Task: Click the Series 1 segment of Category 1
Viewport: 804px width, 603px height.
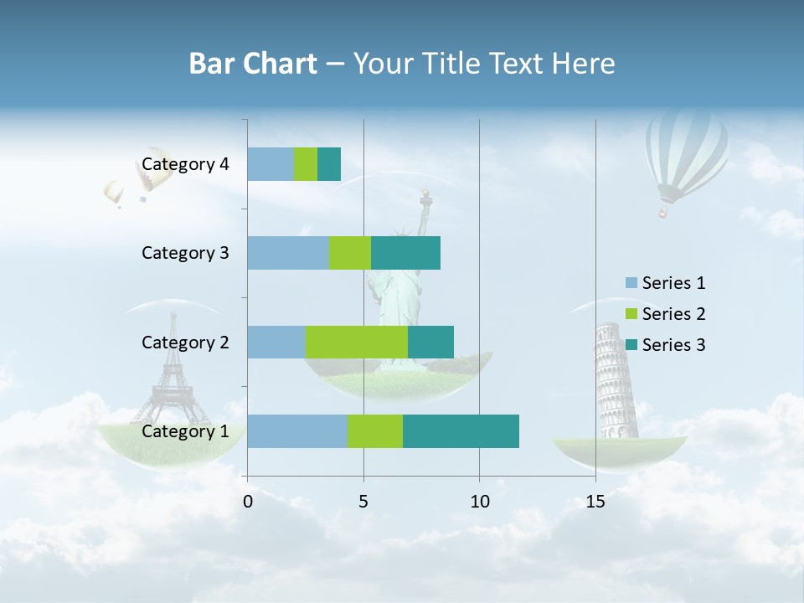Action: [297, 431]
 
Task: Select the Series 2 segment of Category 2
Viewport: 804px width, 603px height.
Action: [357, 342]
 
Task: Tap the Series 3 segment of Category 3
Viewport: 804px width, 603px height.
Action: [405, 253]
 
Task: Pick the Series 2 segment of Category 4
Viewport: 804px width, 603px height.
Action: [306, 164]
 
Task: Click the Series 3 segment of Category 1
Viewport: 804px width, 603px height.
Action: [461, 431]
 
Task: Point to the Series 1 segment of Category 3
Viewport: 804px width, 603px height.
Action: [288, 253]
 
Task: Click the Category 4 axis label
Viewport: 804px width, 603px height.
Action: [185, 164]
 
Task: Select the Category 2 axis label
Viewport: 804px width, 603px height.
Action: [185, 342]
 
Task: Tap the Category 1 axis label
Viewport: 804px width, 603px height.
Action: [185, 431]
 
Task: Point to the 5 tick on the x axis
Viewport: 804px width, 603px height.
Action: [363, 502]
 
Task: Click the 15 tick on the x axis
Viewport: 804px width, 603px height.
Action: [595, 502]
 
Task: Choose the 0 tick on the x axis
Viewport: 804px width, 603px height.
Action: [248, 502]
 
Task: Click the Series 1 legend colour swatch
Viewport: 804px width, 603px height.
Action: [631, 283]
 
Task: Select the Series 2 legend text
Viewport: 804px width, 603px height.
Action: [673, 314]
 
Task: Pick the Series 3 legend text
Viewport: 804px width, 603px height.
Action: [673, 345]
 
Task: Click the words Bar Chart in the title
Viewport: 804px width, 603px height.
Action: [253, 64]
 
